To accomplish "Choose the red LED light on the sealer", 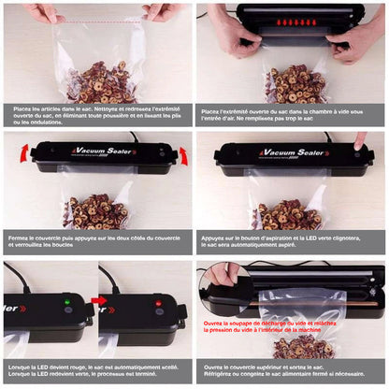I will (145, 303).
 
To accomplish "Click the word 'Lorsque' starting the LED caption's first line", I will (25, 369).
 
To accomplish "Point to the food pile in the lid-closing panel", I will (98, 211).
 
